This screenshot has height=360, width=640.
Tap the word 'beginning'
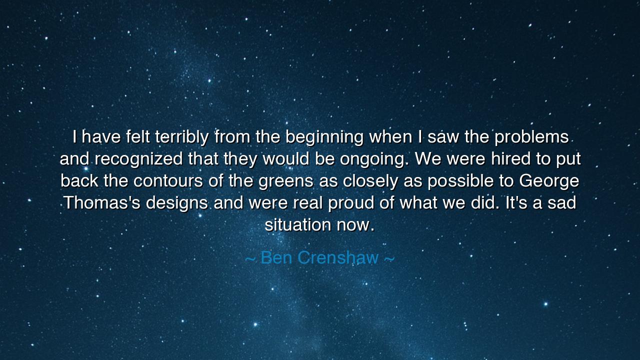(x=324, y=137)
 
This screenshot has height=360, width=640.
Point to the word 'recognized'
(x=138, y=159)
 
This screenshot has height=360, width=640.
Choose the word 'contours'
(x=168, y=180)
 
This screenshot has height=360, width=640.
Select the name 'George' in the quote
(x=549, y=181)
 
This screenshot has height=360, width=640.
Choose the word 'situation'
(x=298, y=225)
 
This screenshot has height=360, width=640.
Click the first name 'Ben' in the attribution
(x=276, y=257)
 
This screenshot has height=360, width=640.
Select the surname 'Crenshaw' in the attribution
(x=345, y=257)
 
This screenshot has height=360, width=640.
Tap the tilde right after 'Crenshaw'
(x=389, y=258)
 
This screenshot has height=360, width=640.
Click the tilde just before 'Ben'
(x=250, y=258)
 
